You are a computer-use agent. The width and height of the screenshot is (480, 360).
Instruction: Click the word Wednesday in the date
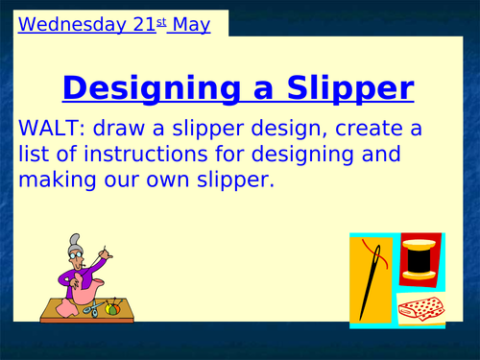click(x=59, y=23)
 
